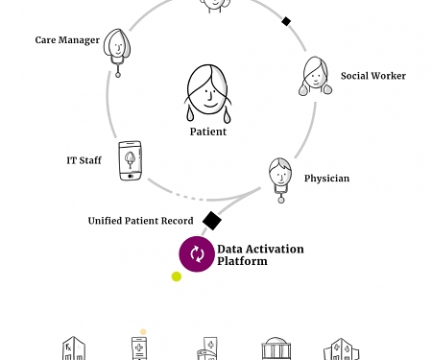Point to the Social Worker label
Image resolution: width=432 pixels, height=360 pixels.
tap(372, 76)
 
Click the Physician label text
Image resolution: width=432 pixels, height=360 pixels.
tap(326, 179)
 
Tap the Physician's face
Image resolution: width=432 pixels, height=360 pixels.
tap(279, 173)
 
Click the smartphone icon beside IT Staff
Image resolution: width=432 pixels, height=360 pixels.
tap(131, 160)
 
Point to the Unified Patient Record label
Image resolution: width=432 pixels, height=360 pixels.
tap(140, 221)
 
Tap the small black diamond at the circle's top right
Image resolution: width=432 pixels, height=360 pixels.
tap(285, 21)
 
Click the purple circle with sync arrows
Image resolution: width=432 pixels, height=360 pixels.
tap(197, 254)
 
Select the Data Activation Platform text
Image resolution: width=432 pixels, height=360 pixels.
tap(259, 255)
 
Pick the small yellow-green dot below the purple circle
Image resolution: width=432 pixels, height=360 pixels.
tap(177, 277)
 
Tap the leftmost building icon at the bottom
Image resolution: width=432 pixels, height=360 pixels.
tap(72, 348)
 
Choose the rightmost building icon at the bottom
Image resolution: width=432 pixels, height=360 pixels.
tap(341, 349)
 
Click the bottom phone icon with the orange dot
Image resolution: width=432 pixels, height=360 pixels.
tap(141, 348)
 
